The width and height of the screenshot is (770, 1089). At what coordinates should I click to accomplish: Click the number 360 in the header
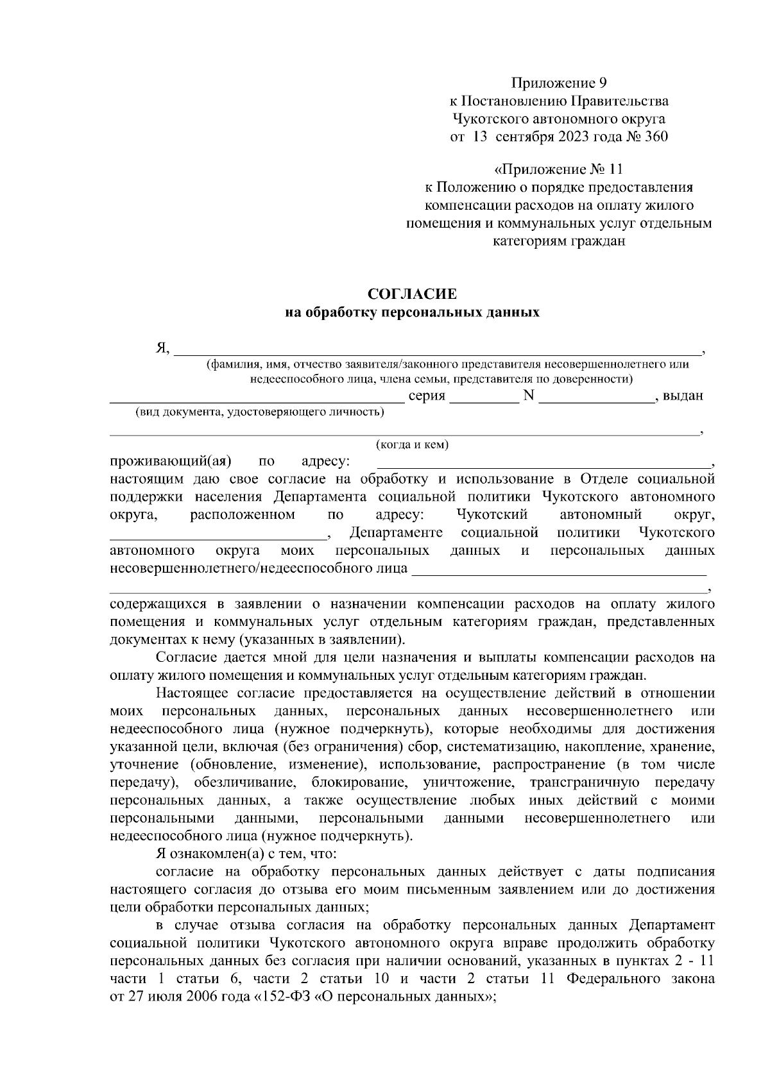point(654,137)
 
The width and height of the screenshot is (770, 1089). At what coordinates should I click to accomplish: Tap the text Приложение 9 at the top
point(558,83)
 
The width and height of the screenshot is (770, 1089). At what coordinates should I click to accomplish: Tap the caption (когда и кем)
point(412,444)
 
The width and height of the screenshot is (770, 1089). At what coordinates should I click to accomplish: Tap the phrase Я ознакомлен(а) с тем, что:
point(242,854)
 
